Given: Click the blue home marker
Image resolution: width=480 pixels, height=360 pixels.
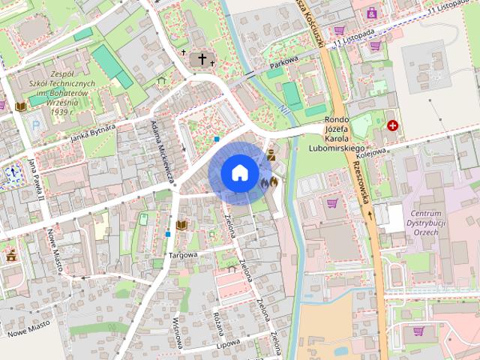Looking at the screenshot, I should click(x=239, y=172).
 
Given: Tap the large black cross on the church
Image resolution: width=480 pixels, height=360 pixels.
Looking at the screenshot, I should click(x=202, y=59).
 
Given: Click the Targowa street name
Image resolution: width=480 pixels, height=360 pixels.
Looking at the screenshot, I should click(x=183, y=255).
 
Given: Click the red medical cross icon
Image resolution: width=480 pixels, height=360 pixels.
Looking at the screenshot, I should click(x=393, y=125).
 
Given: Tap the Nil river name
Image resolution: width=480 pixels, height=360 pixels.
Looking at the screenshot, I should click(x=283, y=110).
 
